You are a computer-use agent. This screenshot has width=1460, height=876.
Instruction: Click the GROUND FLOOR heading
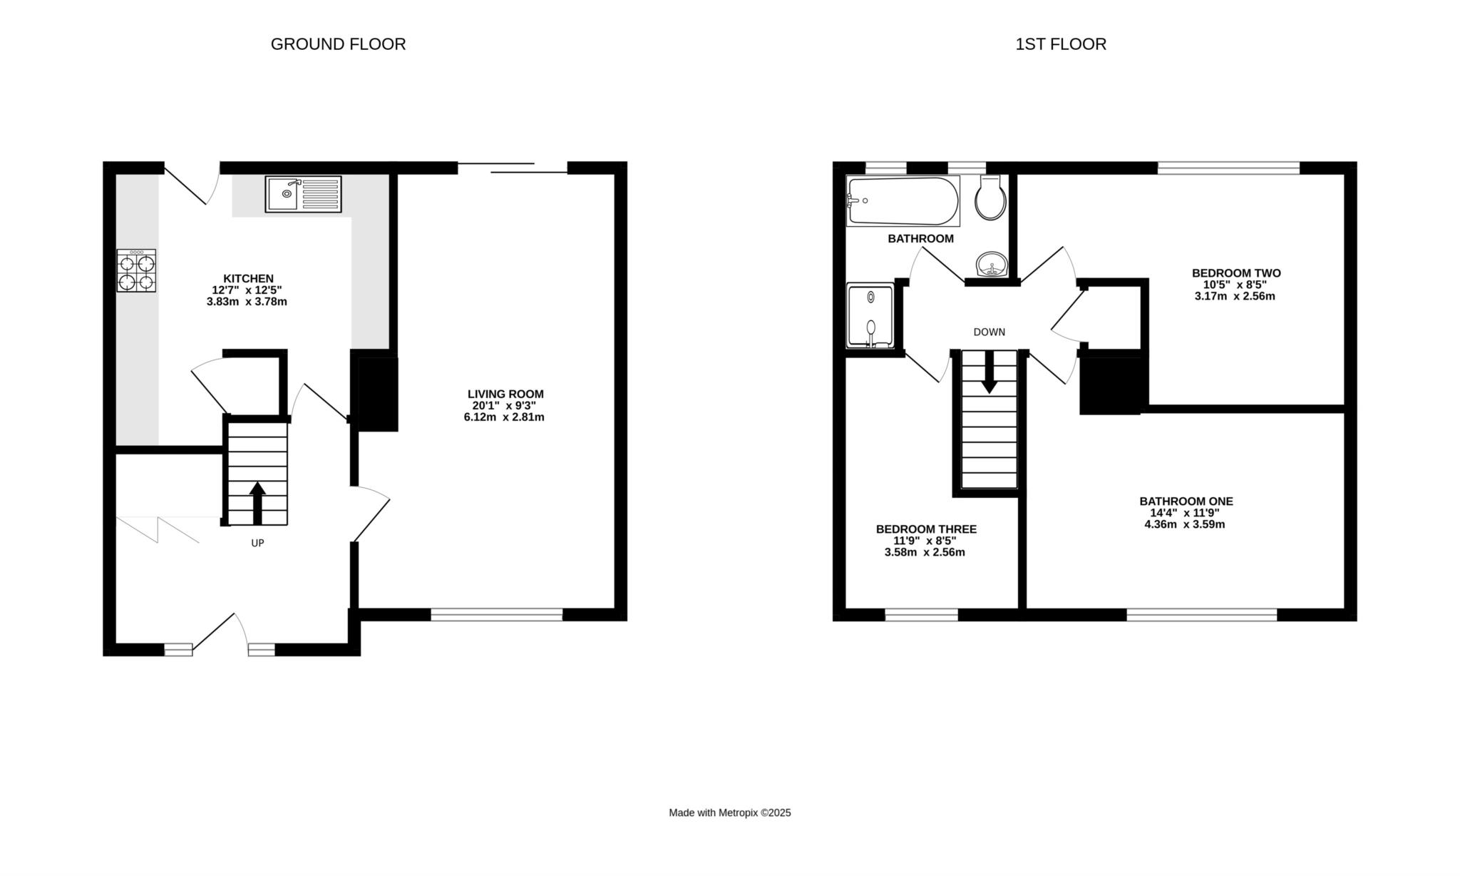[x=338, y=44]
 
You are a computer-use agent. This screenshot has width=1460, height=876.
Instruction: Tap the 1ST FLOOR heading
[x=1061, y=44]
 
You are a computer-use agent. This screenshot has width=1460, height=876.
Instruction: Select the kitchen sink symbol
[x=303, y=194]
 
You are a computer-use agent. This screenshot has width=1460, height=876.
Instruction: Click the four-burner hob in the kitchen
[x=136, y=270]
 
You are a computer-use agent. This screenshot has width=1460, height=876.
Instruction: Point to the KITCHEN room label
[x=248, y=278]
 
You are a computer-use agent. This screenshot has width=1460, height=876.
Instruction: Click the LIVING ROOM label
[x=505, y=394]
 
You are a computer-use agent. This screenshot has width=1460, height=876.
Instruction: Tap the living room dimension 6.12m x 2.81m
[x=504, y=417]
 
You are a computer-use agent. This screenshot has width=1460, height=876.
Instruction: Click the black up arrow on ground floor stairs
[x=257, y=503]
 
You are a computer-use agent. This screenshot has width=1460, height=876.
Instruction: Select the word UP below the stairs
[x=257, y=543]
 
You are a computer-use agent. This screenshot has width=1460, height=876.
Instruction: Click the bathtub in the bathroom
[x=903, y=201]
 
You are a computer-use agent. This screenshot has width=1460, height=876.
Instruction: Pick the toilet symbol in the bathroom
[x=990, y=198]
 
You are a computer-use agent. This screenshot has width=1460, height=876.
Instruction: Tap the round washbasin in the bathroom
[x=991, y=264]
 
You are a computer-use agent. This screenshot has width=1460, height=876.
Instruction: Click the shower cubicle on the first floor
[x=870, y=315]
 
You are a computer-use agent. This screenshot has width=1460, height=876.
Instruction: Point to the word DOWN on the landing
[x=989, y=332]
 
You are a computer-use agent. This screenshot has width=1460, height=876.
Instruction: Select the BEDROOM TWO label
[x=1236, y=273]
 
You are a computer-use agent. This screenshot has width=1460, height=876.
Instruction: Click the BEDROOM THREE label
[x=926, y=529]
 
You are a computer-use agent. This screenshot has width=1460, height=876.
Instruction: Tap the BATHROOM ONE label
[x=1186, y=501]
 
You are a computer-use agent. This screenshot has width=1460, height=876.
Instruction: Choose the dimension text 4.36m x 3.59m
[x=1185, y=525]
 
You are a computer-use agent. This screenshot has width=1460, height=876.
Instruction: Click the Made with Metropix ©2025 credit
[x=730, y=813]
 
